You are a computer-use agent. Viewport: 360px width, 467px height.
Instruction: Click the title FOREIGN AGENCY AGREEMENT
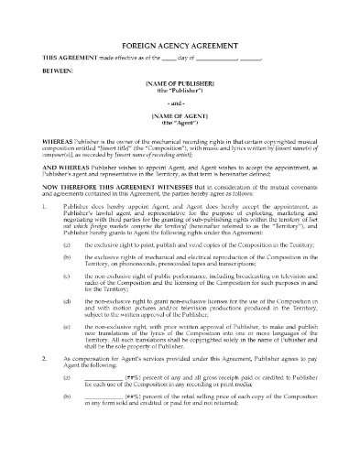pyautogui.click(x=180, y=45)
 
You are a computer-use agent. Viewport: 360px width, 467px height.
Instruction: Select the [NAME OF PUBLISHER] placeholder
pyautogui.click(x=180, y=84)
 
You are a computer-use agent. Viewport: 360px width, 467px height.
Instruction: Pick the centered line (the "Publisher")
pyautogui.click(x=180, y=92)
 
